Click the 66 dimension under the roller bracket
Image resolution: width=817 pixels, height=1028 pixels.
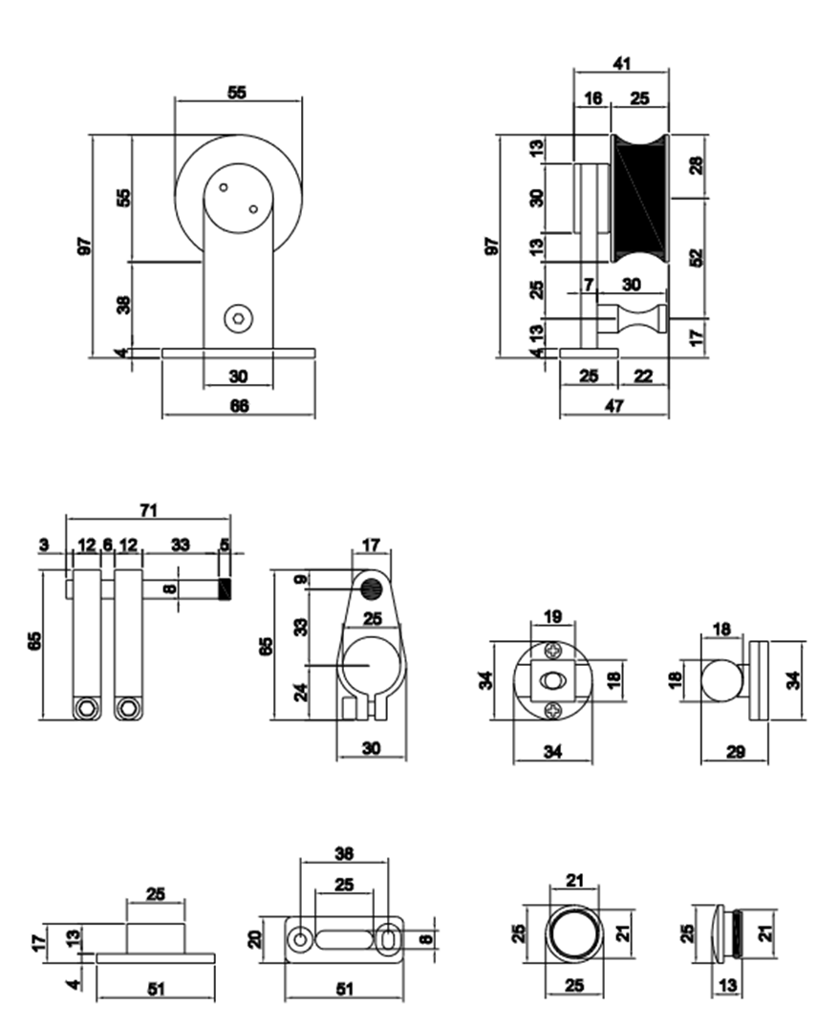pos(239,405)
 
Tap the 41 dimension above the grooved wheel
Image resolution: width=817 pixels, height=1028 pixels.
pos(622,63)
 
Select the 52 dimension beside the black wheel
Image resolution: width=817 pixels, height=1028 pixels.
pos(696,257)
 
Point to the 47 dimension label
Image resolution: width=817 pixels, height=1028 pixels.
pos(614,405)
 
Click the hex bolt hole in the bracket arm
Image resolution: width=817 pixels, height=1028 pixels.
pos(237,318)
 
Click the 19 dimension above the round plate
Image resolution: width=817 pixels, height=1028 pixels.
pos(552,617)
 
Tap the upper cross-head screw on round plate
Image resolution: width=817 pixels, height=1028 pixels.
pos(552,652)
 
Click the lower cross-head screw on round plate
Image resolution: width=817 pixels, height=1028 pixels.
pos(552,710)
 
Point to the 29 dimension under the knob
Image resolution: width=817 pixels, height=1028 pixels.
pos(735,752)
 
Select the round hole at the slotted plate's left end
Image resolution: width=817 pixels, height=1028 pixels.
pos(300,940)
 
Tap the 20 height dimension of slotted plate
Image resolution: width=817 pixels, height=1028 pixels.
pos(255,939)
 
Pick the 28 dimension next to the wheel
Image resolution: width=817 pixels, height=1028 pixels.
pos(696,164)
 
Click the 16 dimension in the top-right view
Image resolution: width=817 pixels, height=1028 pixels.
pos(592,98)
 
